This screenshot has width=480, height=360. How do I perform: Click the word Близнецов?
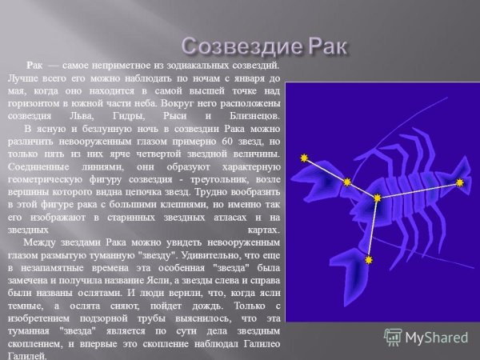[251, 116]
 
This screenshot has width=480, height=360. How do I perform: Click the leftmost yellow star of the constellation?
[304, 158]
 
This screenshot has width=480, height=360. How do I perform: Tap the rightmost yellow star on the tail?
[460, 182]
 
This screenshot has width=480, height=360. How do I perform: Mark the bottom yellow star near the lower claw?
[369, 260]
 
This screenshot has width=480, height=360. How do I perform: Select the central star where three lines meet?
[377, 197]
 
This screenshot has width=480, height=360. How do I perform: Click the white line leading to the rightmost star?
[418, 190]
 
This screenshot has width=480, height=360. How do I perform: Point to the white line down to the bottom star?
[373, 229]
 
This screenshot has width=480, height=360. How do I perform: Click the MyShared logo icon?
[393, 337]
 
